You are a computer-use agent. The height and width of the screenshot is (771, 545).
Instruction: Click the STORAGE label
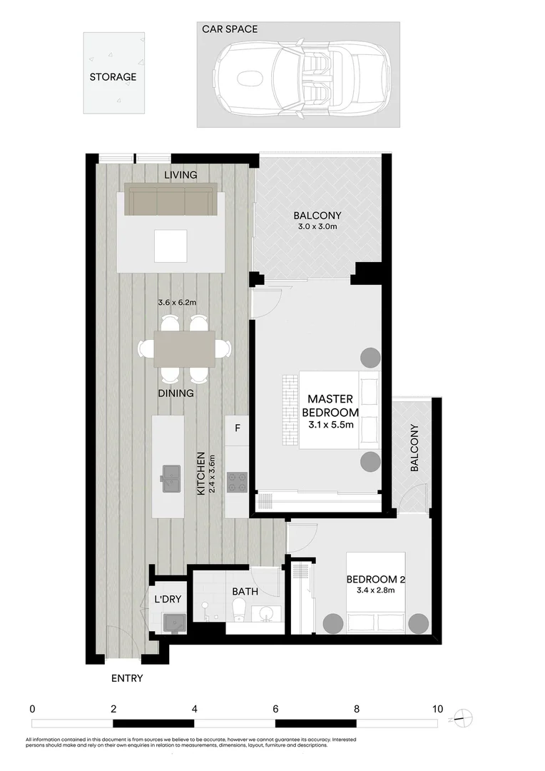pyautogui.click(x=113, y=77)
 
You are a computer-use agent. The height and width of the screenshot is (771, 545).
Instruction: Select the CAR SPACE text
pyautogui.click(x=230, y=29)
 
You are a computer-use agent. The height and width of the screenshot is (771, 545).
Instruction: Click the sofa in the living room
pyautogui.click(x=171, y=199)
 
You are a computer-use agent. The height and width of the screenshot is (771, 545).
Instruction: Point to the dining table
pyautogui.click(x=184, y=348)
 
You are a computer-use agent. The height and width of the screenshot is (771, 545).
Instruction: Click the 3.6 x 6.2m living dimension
pyautogui.click(x=177, y=303)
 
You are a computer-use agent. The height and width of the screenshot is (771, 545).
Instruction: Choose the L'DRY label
pyautogui.click(x=168, y=599)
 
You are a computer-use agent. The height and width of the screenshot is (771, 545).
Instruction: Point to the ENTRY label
pyautogui.click(x=126, y=678)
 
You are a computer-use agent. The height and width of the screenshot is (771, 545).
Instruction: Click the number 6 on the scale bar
pyautogui.click(x=275, y=710)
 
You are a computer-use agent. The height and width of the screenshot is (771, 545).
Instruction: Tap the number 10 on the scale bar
pyautogui.click(x=437, y=710)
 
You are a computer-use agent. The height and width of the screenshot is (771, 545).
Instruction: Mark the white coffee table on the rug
pyautogui.click(x=171, y=246)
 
